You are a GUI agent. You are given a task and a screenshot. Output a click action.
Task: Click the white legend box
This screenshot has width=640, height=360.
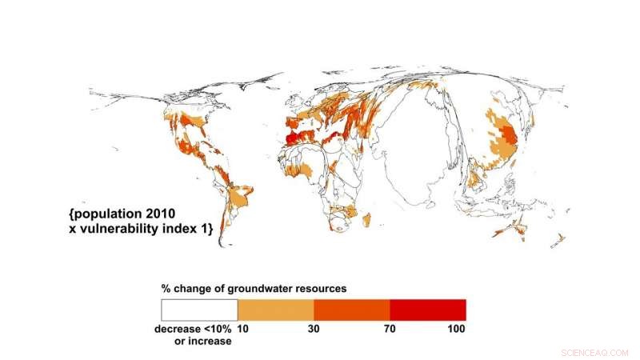[198, 310]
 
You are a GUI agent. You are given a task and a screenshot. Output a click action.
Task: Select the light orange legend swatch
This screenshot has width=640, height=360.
[275, 310]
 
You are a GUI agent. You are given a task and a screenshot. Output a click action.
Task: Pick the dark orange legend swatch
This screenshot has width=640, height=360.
[351, 310]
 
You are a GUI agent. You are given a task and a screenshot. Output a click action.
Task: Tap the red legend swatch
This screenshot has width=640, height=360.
[427, 310]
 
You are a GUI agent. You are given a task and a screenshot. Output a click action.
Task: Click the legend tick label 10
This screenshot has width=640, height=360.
[243, 328]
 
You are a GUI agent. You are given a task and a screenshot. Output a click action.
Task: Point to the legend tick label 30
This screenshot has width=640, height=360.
[314, 328]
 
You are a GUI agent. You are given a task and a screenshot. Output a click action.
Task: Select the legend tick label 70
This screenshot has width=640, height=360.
[390, 328]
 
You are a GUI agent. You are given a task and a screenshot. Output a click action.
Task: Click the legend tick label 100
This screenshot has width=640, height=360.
[456, 328]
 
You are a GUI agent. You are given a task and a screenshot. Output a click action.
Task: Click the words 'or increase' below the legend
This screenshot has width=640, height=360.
[202, 341]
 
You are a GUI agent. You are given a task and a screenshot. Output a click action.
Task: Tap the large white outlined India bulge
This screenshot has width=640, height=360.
[424, 160]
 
